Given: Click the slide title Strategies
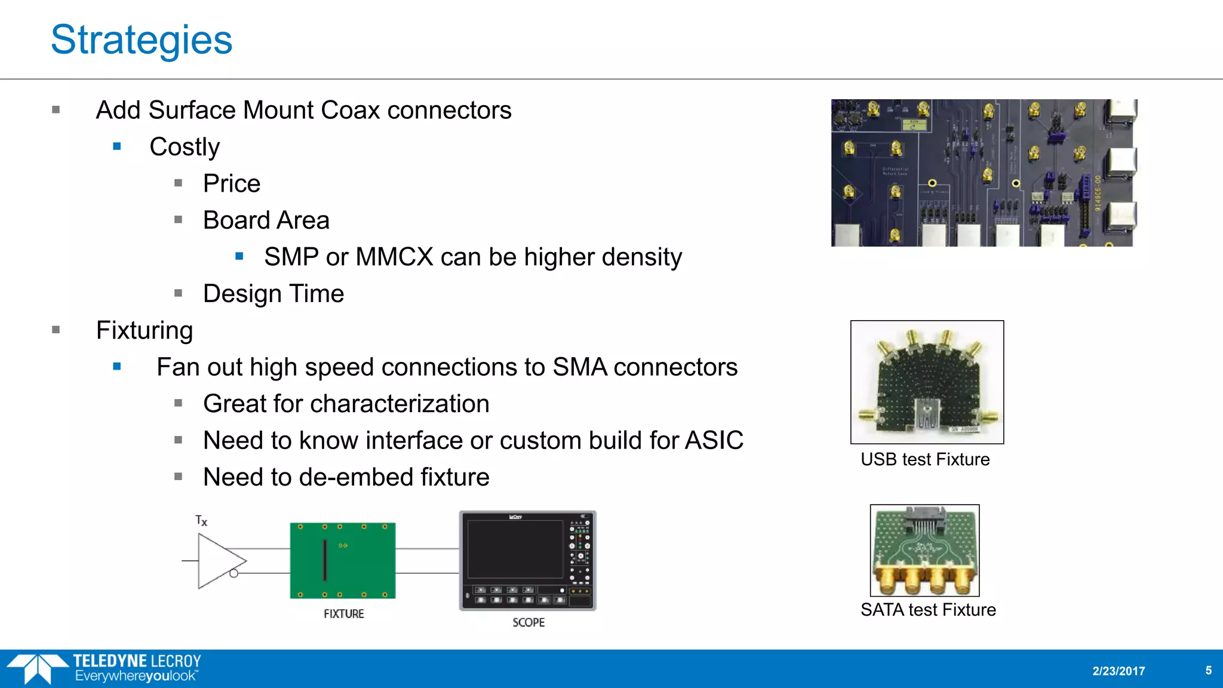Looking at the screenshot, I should point(142,40).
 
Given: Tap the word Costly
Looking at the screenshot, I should point(185,147).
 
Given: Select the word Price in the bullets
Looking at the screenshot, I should point(232,183).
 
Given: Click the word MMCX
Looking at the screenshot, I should point(394,257).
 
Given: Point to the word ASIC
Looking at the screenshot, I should point(714,441).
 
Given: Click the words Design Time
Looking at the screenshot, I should point(274,294).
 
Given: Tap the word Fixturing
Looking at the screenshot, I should point(145,330).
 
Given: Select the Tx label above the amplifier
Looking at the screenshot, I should point(201,520).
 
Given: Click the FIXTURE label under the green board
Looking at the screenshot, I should point(343,614).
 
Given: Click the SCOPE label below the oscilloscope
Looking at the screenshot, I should point(528,622).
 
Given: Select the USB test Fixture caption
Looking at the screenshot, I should point(925,459).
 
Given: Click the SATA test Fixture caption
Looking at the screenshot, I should point(928,610).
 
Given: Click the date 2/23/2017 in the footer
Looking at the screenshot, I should point(1118,671).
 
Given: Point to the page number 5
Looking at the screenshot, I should point(1208,670).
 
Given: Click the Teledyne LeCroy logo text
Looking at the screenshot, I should point(137,661).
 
